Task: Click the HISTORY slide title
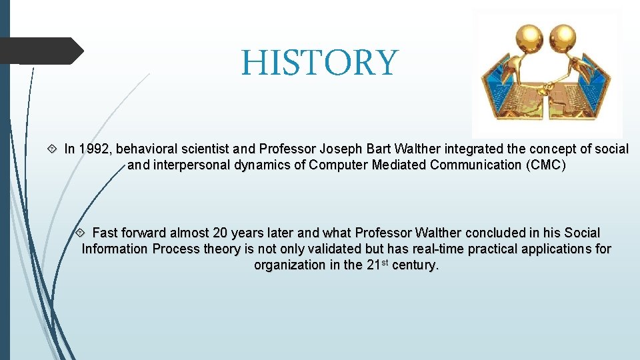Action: [x=319, y=63]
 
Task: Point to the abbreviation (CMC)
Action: [x=545, y=165]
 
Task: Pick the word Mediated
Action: [x=397, y=165]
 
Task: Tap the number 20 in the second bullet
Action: [x=220, y=233]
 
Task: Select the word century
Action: [x=415, y=265]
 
